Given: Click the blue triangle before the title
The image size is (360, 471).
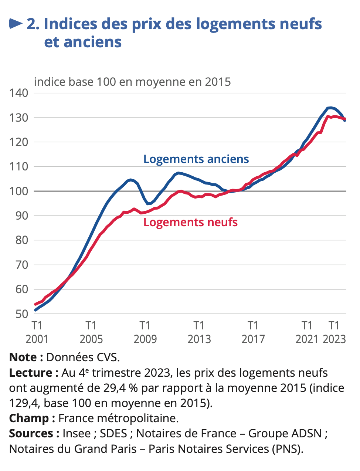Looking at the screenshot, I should click(16, 24).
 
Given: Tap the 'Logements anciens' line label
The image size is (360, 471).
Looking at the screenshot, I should click(196, 159).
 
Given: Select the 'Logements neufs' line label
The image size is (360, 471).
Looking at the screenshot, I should click(190, 222).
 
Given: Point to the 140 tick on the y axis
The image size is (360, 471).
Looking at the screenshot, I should click(18, 93).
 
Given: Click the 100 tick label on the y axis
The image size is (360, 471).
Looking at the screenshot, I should click(18, 191).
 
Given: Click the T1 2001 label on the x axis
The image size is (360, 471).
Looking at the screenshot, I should click(37, 332).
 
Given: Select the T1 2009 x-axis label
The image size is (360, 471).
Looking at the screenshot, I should click(145, 332).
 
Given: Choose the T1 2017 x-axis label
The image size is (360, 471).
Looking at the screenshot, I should click(253, 332).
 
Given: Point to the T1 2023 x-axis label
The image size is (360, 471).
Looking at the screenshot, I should click(334, 332).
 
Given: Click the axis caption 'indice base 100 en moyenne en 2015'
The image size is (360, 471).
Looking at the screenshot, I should click(132, 82).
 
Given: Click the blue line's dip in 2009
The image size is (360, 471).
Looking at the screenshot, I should click(149, 204).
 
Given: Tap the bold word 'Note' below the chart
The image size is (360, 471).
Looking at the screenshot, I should click(23, 357).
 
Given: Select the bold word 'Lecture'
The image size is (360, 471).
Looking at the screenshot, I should click(31, 373).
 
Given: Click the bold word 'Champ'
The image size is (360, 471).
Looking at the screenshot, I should click(29, 418).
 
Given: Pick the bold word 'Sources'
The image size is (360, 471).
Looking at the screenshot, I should click(31, 433).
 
